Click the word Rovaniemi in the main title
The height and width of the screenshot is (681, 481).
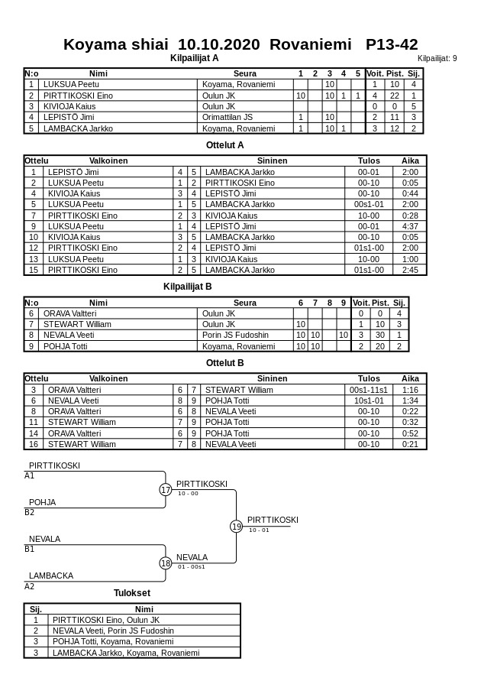point(308,44)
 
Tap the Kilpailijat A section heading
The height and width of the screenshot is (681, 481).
point(194,57)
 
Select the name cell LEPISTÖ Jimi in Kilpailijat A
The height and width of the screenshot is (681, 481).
point(69,117)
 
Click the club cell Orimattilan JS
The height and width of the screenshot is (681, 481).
point(228,117)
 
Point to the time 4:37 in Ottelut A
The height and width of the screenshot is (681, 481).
point(410,226)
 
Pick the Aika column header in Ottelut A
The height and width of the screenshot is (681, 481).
point(410,161)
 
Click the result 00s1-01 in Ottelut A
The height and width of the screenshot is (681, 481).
point(368,204)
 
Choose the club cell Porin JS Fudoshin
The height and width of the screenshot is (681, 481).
point(235,335)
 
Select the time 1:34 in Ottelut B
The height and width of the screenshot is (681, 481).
point(410,400)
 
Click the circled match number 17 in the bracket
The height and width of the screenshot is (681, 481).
point(166,490)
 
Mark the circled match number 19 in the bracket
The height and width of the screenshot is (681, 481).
point(237,526)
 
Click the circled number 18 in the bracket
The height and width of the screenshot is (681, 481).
point(166,563)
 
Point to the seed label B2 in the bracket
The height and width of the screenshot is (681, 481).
point(30,512)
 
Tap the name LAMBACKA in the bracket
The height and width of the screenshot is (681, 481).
point(51,576)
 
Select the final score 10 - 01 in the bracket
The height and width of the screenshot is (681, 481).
point(259,530)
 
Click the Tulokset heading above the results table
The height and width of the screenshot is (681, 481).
point(132,592)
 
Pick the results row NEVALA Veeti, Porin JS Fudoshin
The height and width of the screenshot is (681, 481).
point(113,631)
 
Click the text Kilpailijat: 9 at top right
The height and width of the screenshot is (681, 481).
point(437,58)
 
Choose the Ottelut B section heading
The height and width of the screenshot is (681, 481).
point(224,363)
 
